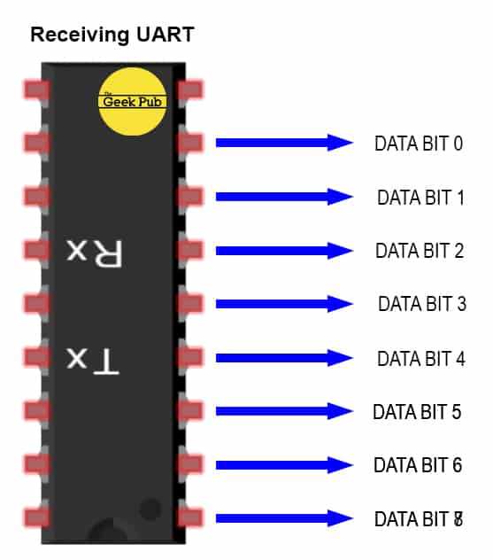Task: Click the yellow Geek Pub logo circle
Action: [x=131, y=100]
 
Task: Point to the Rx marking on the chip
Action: [x=92, y=252]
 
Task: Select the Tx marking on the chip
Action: [x=92, y=359]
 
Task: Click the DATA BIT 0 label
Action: [x=419, y=144]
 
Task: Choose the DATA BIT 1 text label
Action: [x=420, y=198]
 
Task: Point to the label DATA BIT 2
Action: [x=420, y=251]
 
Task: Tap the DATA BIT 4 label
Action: [x=420, y=359]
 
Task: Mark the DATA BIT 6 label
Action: [x=418, y=465]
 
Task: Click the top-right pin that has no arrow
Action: [x=192, y=89]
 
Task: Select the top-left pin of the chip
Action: [x=36, y=89]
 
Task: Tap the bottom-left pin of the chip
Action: [x=36, y=517]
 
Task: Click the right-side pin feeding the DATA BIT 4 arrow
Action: [x=192, y=358]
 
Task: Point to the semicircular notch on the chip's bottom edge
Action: [x=112, y=533]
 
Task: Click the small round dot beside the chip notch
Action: [x=150, y=509]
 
